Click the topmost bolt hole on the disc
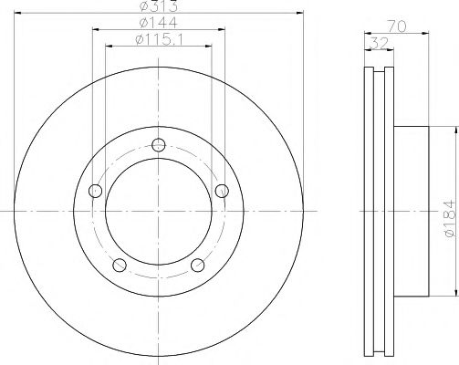[x=159, y=144]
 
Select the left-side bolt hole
[x=94, y=191]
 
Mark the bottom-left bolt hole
[x=119, y=266]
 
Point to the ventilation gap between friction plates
[x=377, y=211]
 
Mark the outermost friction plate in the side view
[x=369, y=211]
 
